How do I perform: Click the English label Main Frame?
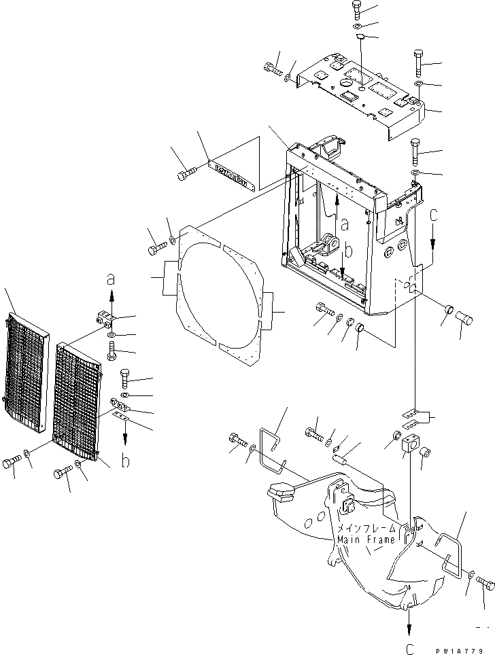click(364, 540)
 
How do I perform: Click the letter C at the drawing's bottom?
click(409, 648)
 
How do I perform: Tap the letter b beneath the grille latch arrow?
click(126, 462)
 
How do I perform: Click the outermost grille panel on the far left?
click(27, 374)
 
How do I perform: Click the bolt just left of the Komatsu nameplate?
click(186, 176)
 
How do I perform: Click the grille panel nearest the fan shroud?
click(80, 401)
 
